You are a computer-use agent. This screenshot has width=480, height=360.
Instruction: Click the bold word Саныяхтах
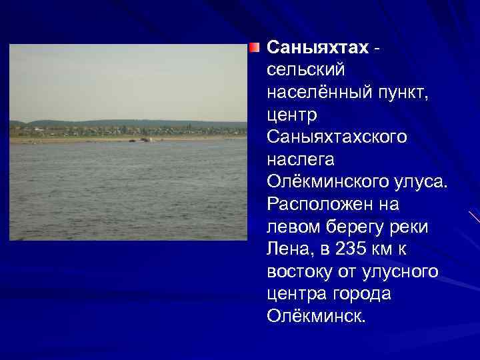click(317, 47)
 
